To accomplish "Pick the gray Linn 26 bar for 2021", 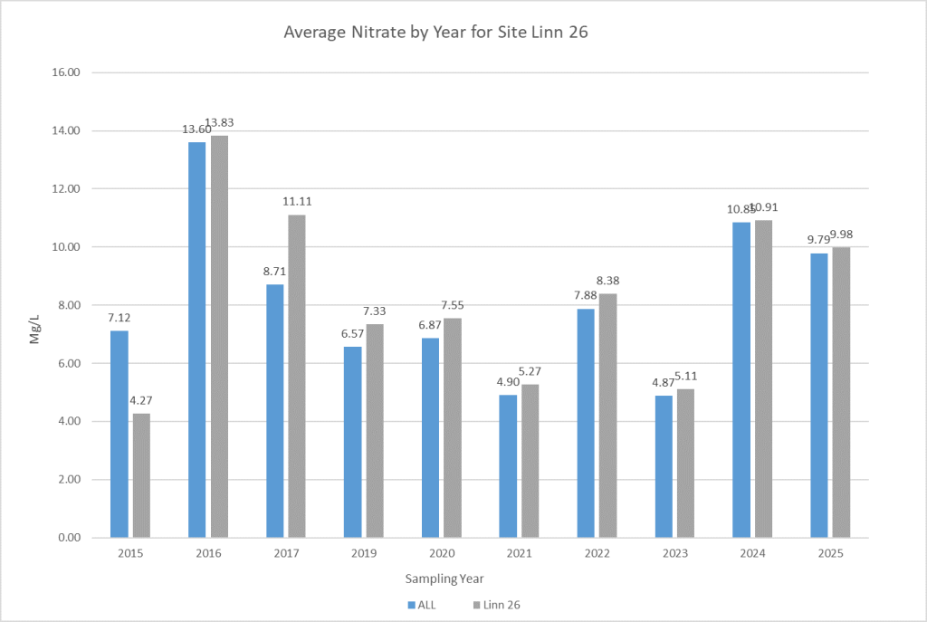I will click(530, 461).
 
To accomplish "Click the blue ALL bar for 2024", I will click(741, 380).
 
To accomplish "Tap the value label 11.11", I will click(297, 202).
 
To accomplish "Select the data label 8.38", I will click(607, 281).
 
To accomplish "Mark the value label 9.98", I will click(840, 234).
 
